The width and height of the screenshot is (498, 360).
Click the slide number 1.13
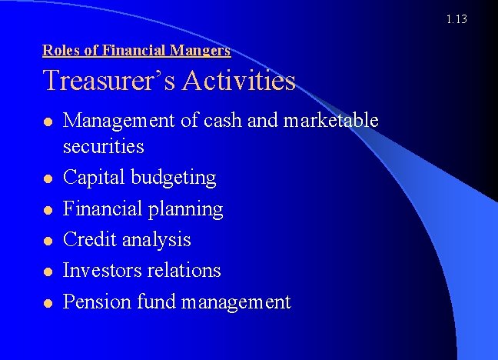point(456,19)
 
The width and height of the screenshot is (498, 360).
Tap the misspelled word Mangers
point(203,51)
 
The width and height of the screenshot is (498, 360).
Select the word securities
point(104,146)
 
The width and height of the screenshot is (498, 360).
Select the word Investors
point(100,271)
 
